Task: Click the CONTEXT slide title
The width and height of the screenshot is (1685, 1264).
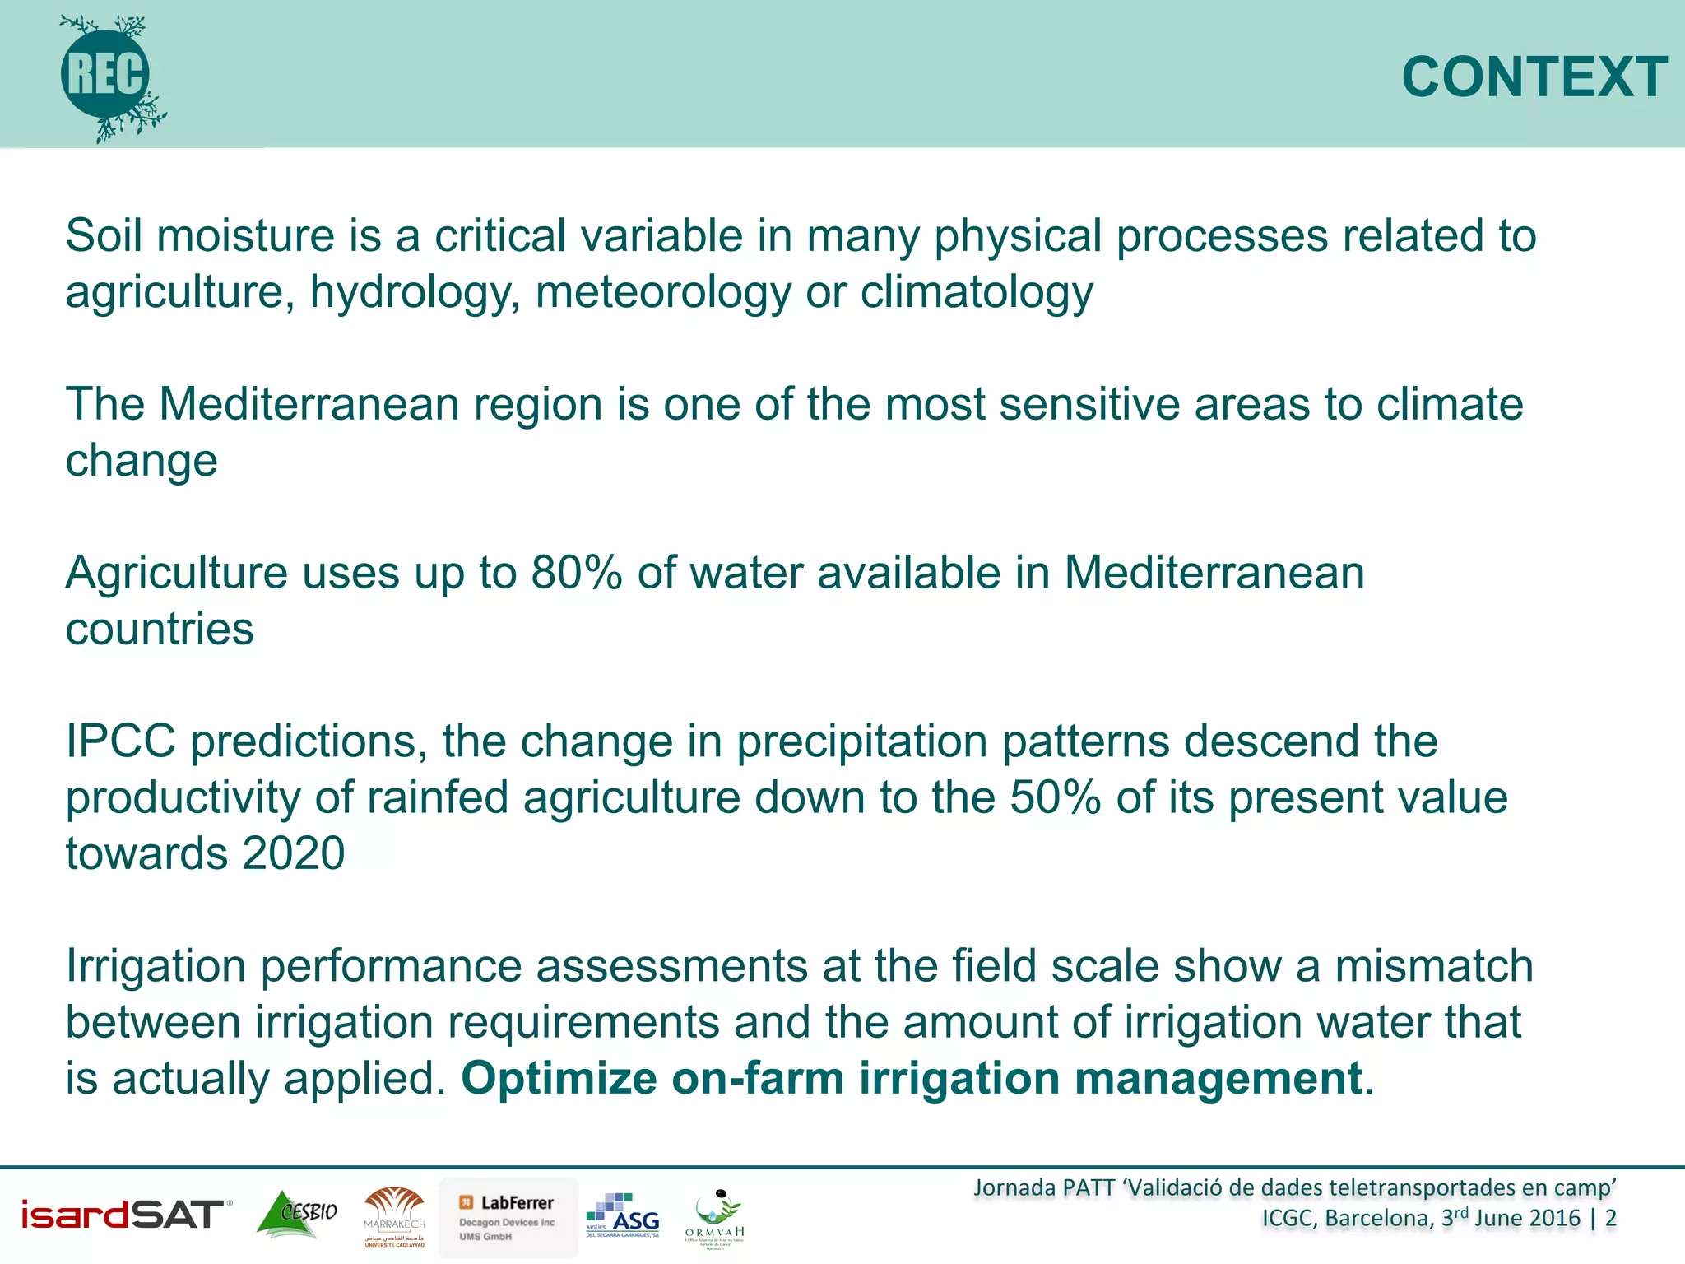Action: click(1534, 77)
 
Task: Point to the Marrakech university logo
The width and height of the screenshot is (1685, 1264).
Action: click(394, 1216)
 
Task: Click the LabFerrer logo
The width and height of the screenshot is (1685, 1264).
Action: click(508, 1217)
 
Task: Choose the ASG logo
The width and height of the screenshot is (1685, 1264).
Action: click(623, 1215)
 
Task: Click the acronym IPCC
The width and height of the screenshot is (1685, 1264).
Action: click(121, 741)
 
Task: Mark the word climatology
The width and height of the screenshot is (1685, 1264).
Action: click(977, 292)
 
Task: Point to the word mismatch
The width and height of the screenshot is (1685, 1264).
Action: click(1434, 965)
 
